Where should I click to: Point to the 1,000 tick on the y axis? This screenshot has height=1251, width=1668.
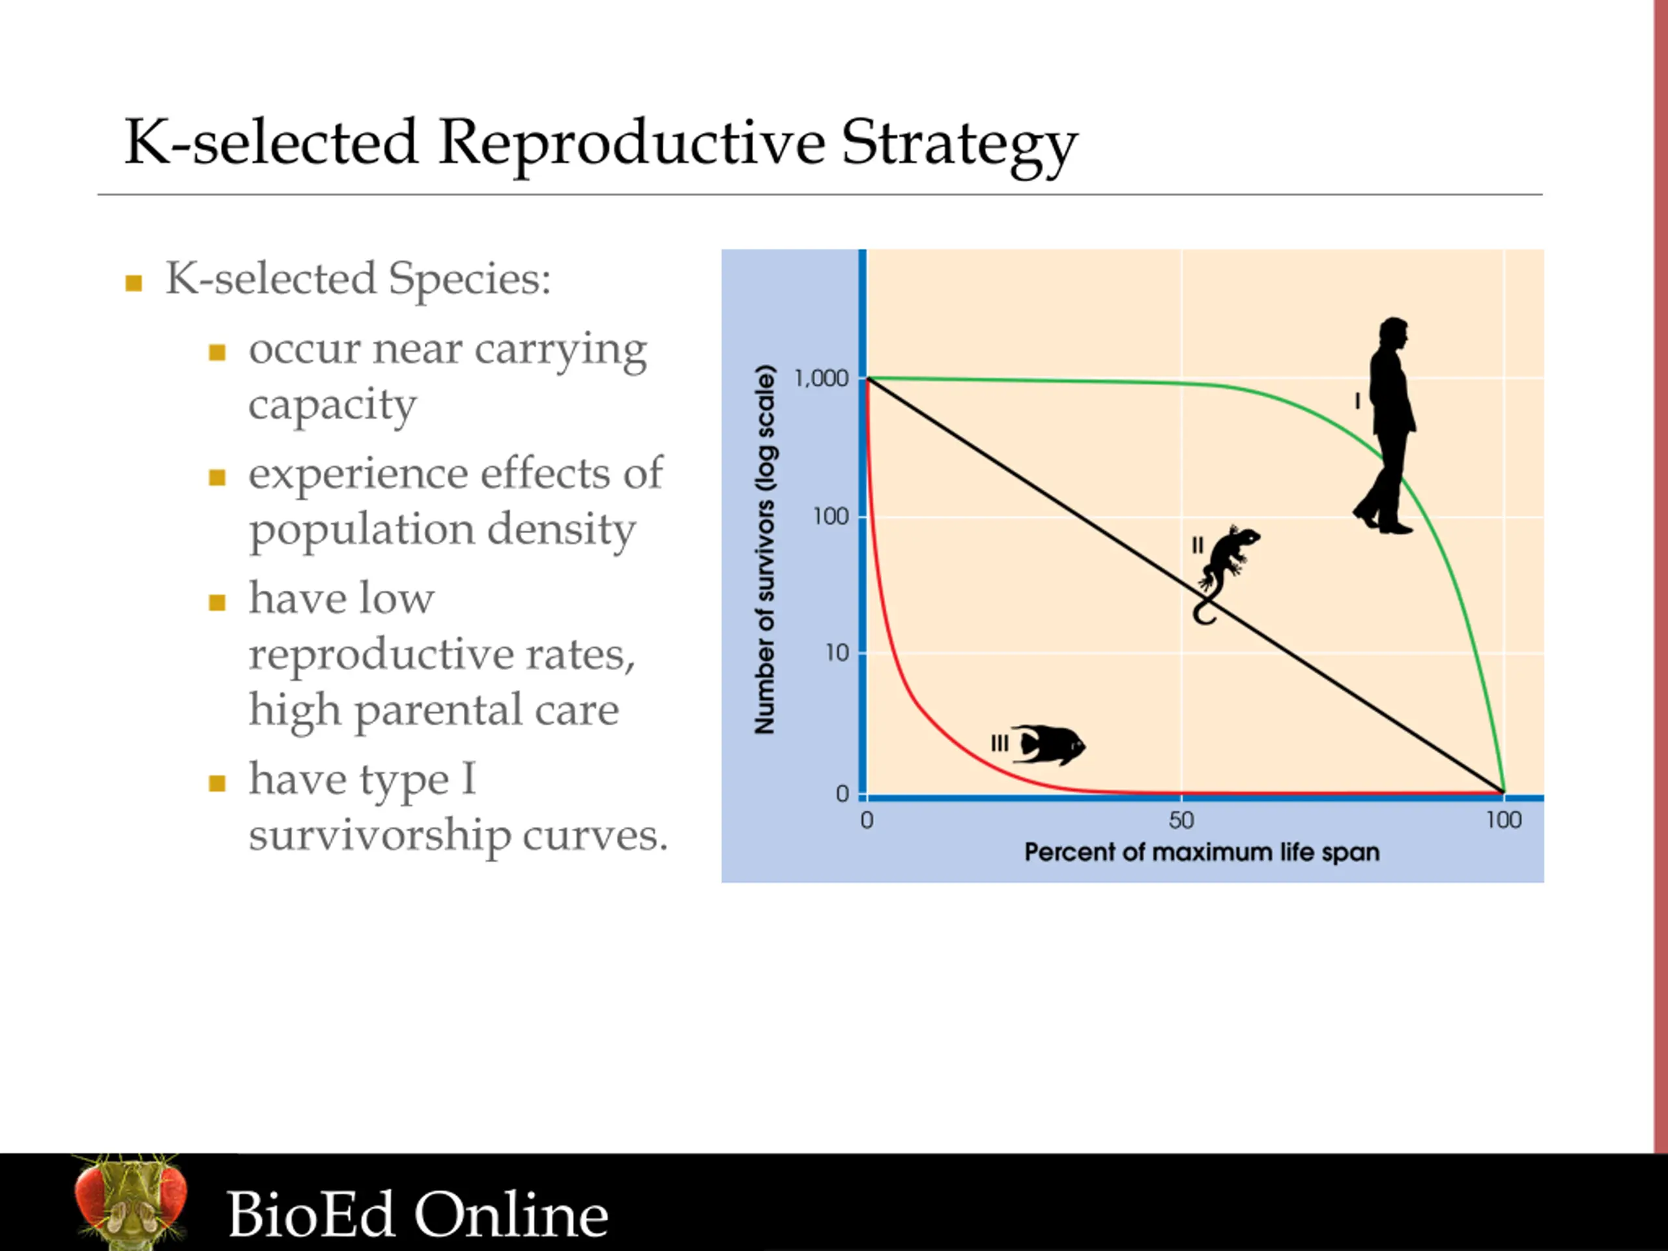821,379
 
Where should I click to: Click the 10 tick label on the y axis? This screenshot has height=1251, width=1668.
837,653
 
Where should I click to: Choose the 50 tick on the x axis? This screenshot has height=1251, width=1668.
1182,820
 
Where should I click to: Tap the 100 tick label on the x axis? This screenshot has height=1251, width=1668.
1504,820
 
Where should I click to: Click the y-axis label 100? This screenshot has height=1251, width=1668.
831,517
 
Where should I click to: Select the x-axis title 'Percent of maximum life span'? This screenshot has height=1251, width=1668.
1202,853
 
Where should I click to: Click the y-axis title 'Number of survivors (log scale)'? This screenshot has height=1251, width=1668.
765,550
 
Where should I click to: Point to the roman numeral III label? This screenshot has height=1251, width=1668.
999,743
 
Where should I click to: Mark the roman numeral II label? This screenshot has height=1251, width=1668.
1198,545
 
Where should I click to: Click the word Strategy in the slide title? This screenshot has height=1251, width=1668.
959,145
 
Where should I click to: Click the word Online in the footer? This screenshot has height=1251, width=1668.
511,1214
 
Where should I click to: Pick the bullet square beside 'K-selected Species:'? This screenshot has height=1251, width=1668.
134,283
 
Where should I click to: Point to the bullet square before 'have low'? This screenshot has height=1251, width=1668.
217,603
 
